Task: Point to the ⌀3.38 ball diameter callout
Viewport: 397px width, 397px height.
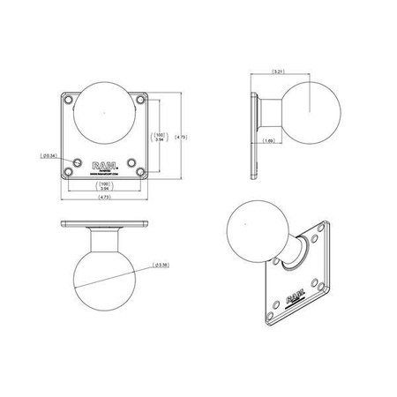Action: tap(161, 264)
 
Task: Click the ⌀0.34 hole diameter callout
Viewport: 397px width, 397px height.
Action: tap(50, 156)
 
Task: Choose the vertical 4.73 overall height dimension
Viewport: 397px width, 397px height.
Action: tap(181, 138)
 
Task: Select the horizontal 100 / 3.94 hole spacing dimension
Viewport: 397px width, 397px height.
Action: tap(106, 185)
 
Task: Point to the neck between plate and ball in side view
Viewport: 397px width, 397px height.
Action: tap(268, 110)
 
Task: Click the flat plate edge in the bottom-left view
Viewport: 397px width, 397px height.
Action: tap(106, 224)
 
